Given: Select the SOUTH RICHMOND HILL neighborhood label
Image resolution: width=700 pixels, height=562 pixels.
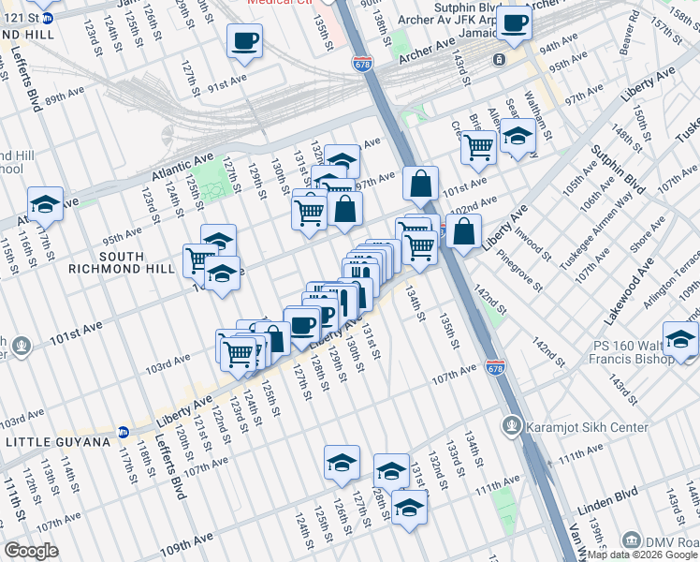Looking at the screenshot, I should (121, 262).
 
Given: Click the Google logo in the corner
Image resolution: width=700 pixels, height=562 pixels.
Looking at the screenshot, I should (31, 551).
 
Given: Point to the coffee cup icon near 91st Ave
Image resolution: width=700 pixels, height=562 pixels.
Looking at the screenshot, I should (244, 40).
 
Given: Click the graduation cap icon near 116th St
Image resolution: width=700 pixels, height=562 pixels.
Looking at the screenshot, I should (45, 203).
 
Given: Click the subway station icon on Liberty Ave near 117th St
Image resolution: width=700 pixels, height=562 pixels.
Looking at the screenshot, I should (124, 432).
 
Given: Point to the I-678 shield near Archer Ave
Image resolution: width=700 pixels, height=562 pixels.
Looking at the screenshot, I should (362, 63).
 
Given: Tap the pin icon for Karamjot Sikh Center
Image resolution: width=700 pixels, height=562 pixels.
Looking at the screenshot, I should (511, 427).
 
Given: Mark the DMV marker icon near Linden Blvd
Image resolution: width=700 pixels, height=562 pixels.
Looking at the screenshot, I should (634, 540).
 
